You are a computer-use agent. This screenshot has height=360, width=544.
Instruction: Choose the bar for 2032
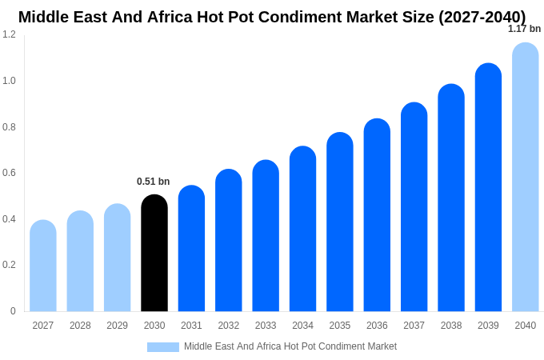(229, 241)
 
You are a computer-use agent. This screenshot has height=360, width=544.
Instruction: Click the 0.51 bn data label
(154, 182)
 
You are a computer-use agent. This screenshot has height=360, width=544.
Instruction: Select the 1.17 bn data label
(524, 29)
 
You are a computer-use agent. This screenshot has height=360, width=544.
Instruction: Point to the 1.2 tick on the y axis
(9, 34)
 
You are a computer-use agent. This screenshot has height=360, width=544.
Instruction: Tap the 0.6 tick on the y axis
(9, 173)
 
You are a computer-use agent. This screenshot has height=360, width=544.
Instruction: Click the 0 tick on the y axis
(13, 311)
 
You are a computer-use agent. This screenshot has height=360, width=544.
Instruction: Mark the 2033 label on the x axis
(266, 326)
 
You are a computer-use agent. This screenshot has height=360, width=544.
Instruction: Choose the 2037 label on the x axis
(414, 326)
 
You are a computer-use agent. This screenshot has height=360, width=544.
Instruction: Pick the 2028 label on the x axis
(80, 326)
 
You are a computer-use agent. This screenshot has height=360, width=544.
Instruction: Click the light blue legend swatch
(163, 347)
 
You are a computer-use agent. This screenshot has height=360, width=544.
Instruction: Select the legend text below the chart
(290, 346)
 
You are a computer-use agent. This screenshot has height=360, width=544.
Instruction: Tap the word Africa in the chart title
(172, 17)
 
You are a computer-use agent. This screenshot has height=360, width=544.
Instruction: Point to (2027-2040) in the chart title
(482, 17)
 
